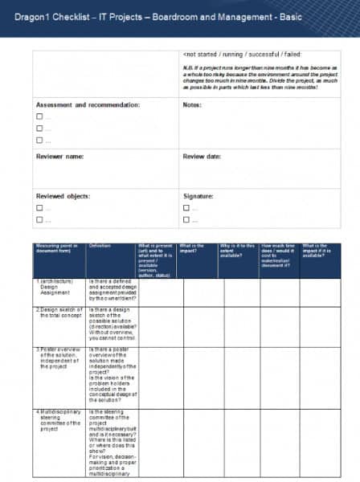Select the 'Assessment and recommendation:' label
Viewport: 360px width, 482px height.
(x=88, y=104)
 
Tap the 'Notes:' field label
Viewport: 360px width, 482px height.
(x=192, y=104)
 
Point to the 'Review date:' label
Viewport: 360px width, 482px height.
(x=202, y=156)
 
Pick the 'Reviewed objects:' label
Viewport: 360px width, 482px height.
(x=63, y=195)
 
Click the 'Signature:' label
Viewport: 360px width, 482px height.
(x=199, y=195)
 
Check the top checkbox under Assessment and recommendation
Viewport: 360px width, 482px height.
(x=39, y=117)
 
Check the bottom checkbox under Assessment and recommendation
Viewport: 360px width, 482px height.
(x=39, y=141)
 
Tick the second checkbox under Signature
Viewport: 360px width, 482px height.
(x=186, y=219)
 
